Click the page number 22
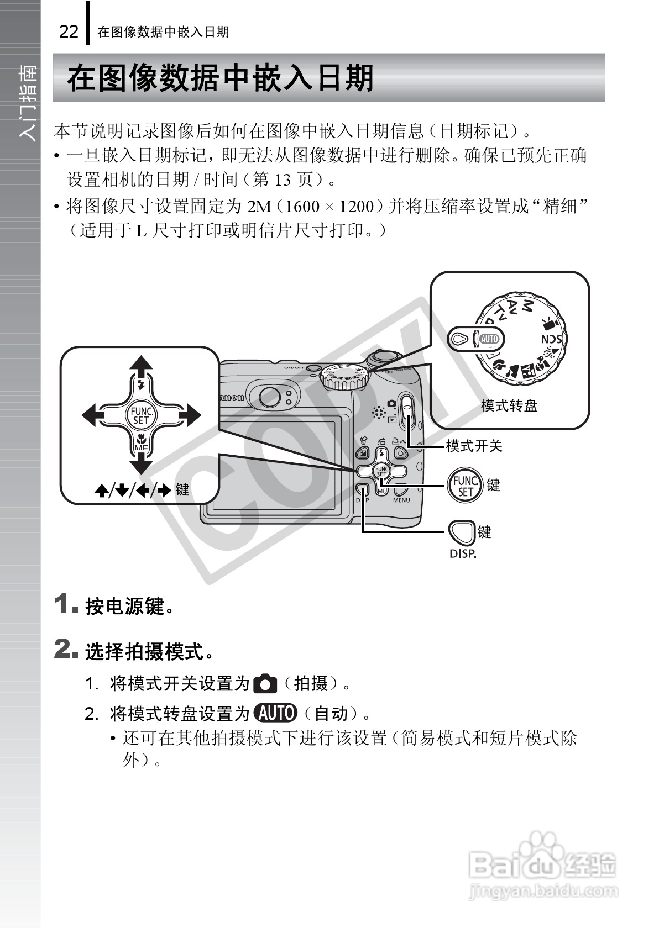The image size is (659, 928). (x=69, y=31)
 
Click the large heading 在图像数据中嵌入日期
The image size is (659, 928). (x=220, y=78)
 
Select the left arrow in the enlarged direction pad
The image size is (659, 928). (x=92, y=415)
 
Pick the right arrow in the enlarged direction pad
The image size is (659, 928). (x=191, y=415)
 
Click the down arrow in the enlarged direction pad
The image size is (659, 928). (x=141, y=463)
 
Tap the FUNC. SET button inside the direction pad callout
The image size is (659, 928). (x=141, y=415)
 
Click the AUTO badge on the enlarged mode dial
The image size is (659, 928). (x=489, y=339)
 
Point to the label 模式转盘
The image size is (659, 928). (x=509, y=406)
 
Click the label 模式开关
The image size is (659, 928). (x=474, y=446)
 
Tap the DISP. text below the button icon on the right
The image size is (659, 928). (x=463, y=553)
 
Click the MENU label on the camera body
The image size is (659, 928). (x=401, y=500)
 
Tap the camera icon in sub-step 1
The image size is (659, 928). (x=264, y=684)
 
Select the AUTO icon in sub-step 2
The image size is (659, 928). (x=275, y=713)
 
